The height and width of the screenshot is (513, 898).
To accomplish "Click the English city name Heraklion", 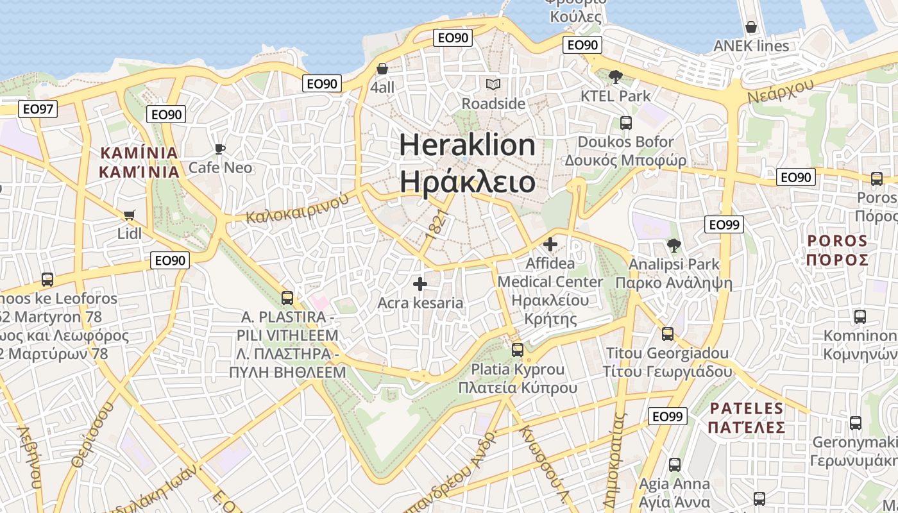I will click(x=467, y=145).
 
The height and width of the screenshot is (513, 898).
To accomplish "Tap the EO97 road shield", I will click(x=38, y=109).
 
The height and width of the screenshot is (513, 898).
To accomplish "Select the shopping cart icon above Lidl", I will click(x=130, y=215).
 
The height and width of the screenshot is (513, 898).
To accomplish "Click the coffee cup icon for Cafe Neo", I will click(x=220, y=149).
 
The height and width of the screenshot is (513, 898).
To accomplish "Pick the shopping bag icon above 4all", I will click(x=382, y=69).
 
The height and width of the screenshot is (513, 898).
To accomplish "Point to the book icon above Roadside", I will click(x=493, y=85).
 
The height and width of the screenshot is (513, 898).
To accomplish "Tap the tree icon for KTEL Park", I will click(x=616, y=77).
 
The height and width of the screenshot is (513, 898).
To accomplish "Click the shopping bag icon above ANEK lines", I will click(x=751, y=28).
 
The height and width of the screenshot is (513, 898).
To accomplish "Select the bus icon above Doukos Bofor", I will click(x=625, y=123).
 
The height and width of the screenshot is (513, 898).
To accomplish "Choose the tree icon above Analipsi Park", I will click(x=673, y=245).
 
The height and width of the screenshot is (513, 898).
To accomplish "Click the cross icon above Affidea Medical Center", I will click(x=550, y=244).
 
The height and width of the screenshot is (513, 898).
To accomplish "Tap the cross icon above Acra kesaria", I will click(x=420, y=283).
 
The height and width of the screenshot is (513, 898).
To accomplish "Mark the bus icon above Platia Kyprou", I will click(x=518, y=350).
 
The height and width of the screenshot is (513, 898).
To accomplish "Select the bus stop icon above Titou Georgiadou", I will click(x=668, y=334).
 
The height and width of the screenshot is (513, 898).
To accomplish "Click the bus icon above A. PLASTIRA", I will click(x=287, y=298).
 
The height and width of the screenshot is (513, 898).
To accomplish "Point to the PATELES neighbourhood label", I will click(x=747, y=408).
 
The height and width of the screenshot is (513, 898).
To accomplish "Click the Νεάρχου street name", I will click(x=780, y=90).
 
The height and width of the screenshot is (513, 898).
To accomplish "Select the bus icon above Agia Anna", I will click(x=675, y=465).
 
